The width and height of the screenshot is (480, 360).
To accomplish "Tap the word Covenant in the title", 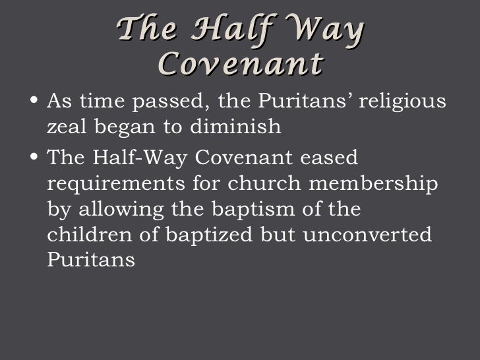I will coord(241,64).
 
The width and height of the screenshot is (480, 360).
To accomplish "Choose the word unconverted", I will coord(367,235).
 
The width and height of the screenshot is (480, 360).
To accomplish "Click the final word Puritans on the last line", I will coord(92,260).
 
